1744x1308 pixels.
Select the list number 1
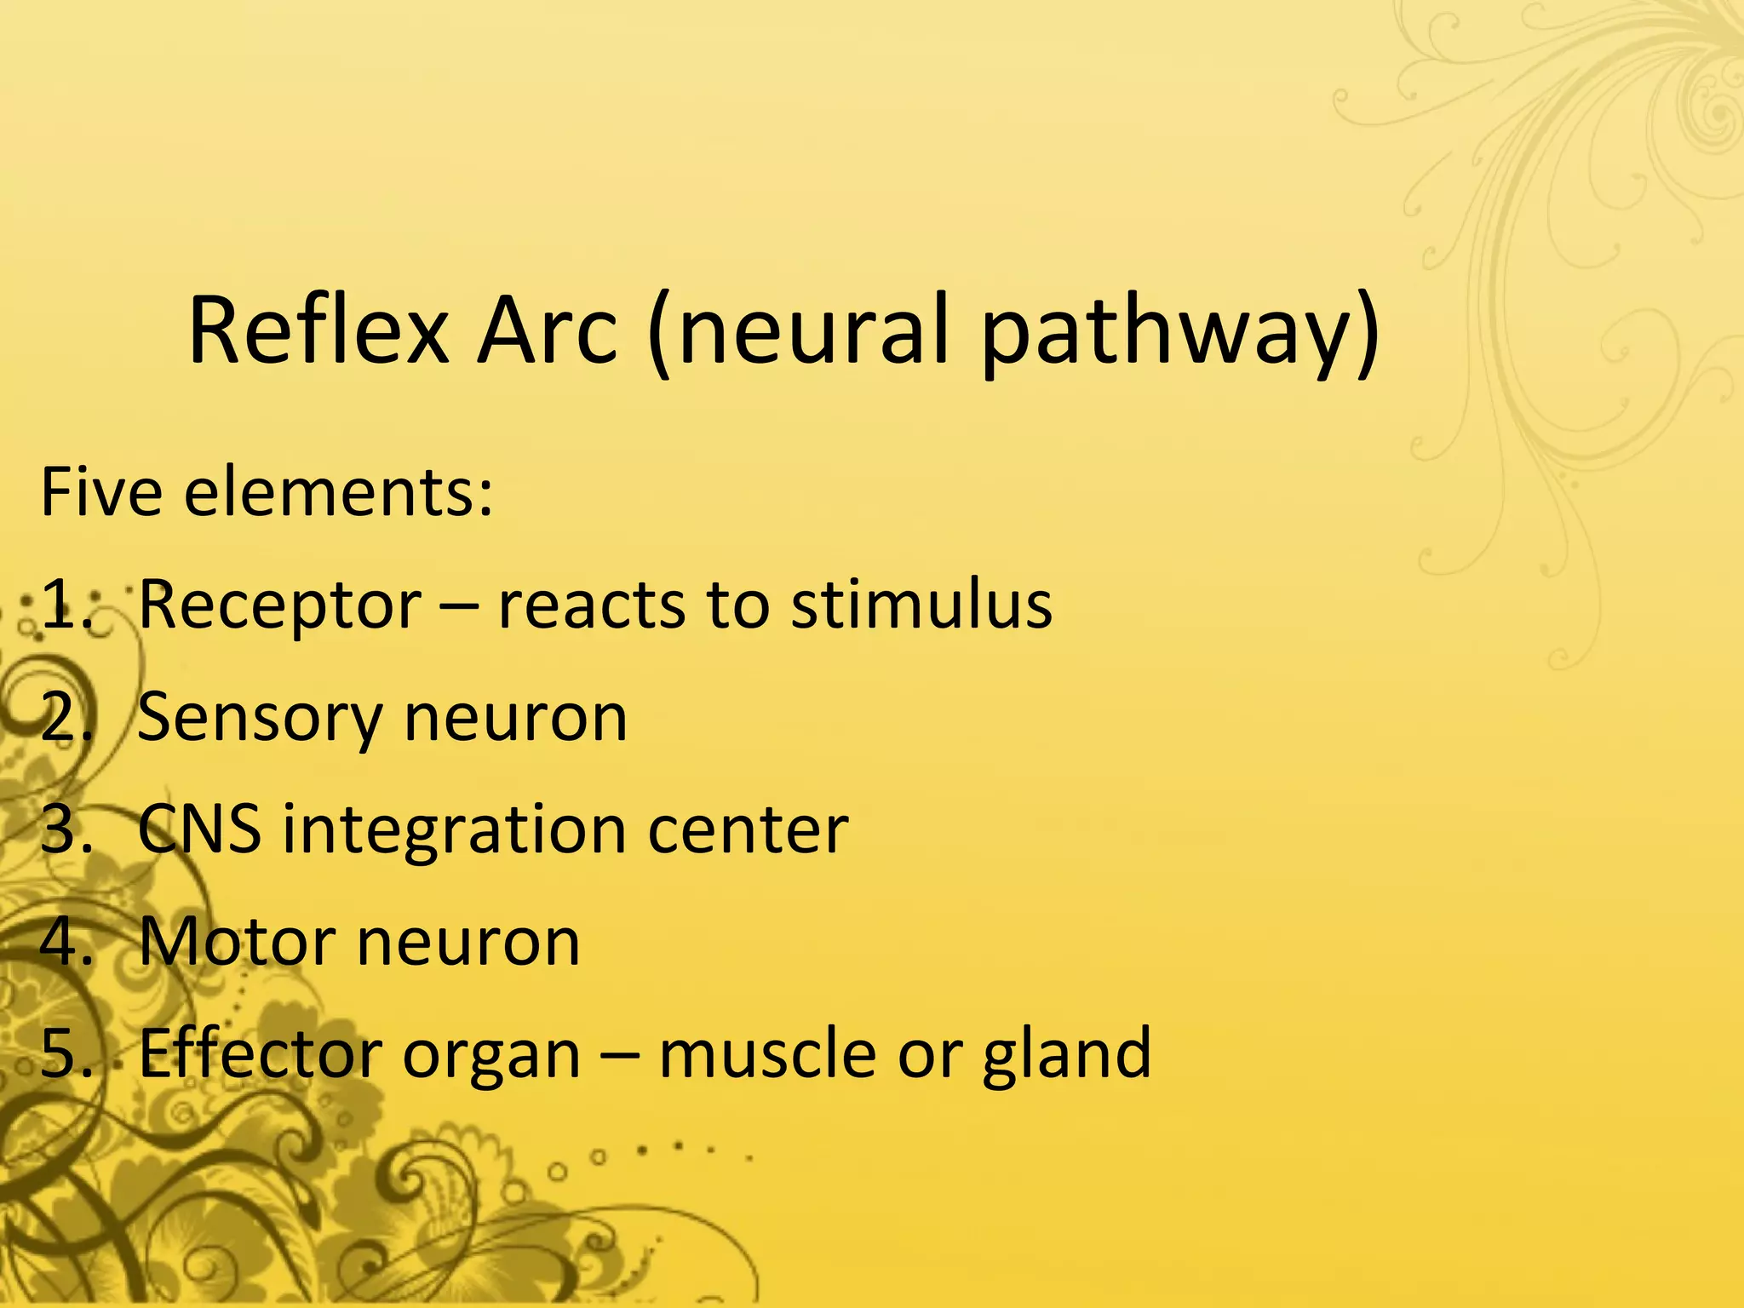(x=65, y=605)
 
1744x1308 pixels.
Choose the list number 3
(x=65, y=829)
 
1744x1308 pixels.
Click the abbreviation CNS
(x=199, y=829)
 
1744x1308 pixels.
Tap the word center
(x=748, y=829)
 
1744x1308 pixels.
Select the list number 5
(x=65, y=1054)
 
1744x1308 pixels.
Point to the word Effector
(x=260, y=1054)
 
